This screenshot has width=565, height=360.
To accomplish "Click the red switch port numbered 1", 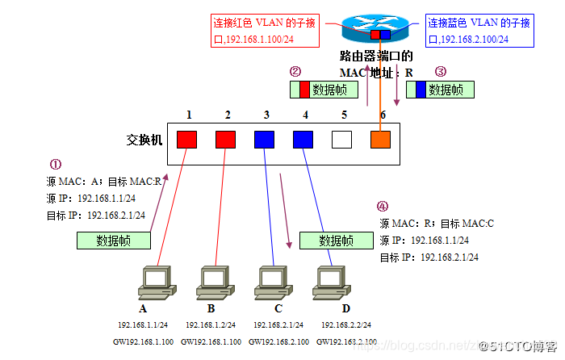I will (187, 140).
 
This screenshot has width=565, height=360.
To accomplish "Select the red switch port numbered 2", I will (226, 140).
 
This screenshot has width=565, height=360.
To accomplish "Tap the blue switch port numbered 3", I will (264, 140).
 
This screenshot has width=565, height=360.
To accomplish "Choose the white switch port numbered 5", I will (342, 140).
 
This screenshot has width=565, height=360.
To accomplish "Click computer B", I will (211, 279).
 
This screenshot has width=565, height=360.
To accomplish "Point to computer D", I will (331, 279).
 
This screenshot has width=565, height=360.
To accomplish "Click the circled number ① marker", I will (56, 164).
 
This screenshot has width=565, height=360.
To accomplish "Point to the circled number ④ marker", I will (382, 206).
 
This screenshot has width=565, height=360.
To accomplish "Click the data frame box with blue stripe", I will (439, 90).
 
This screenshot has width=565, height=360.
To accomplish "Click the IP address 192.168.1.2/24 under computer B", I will (211, 324).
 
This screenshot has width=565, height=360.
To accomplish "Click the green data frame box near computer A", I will (114, 240).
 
